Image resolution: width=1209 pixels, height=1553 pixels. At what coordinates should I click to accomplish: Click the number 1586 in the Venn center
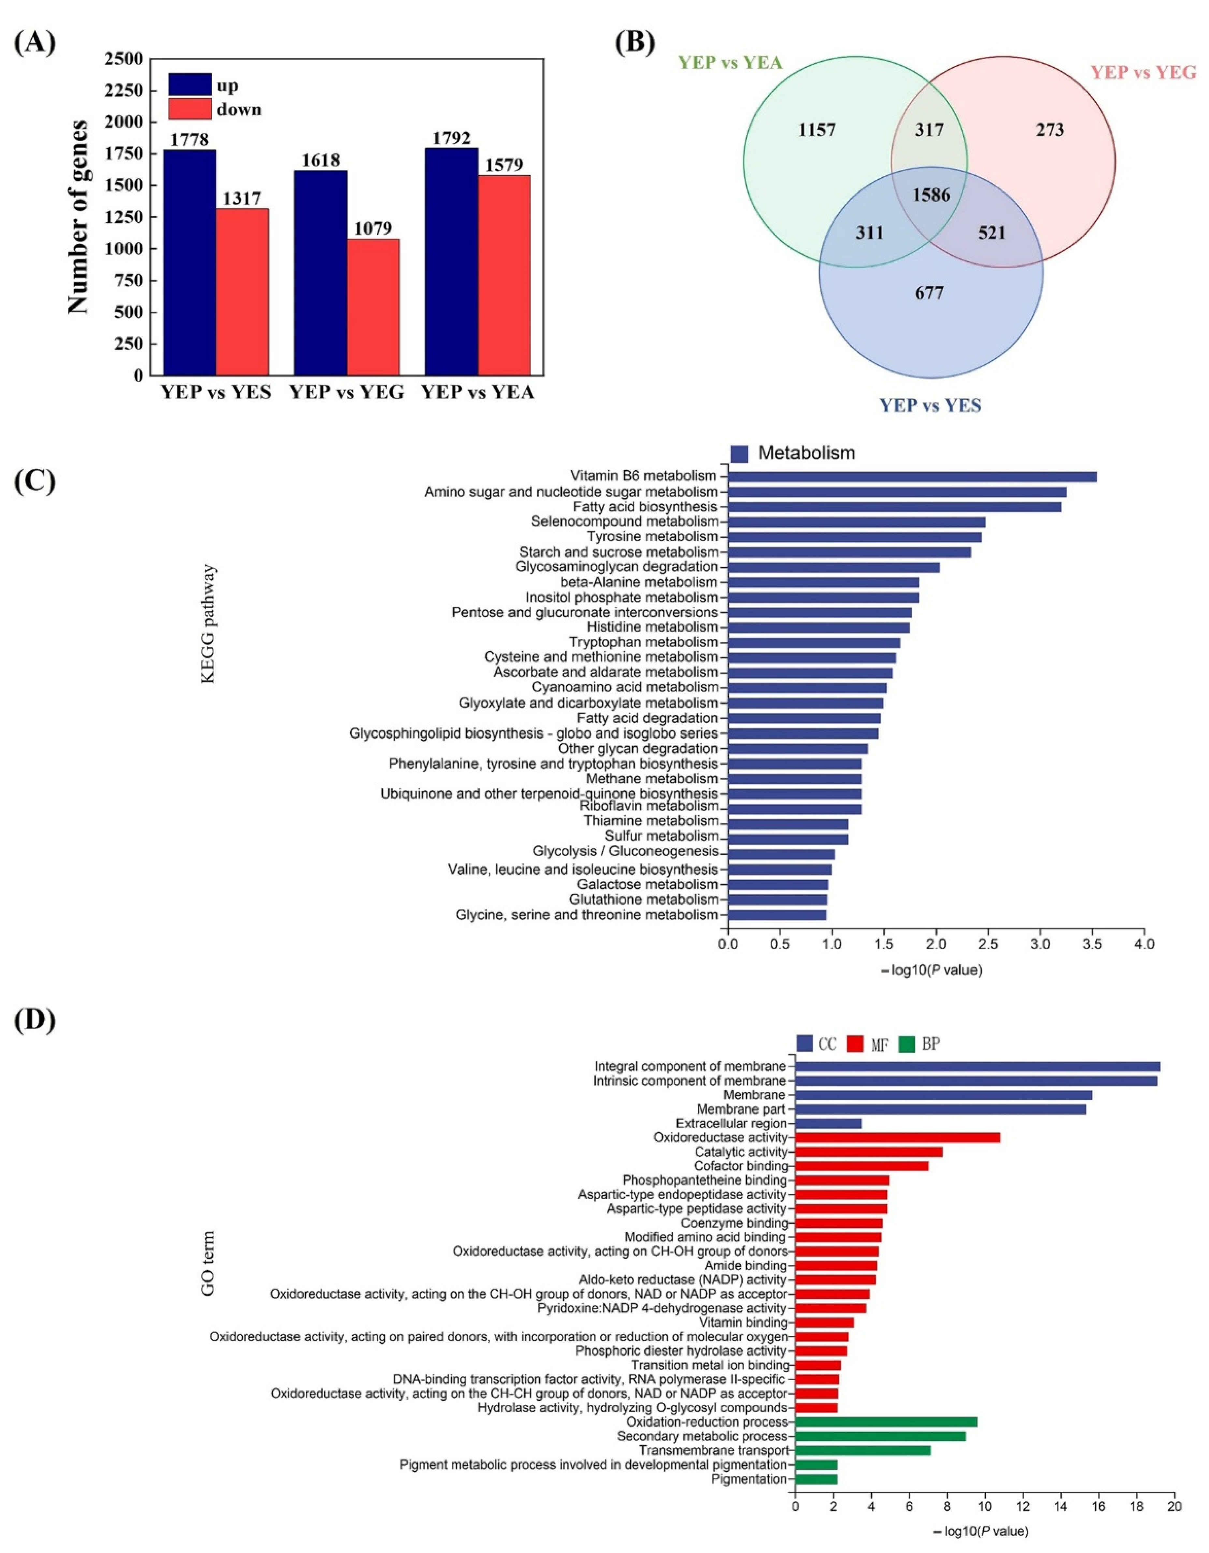931,193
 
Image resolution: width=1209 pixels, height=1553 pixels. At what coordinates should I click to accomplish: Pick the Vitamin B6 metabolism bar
912,476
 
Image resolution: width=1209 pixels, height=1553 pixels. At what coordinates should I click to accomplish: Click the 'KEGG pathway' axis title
208,624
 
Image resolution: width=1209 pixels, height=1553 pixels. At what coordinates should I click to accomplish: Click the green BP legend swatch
907,1044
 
